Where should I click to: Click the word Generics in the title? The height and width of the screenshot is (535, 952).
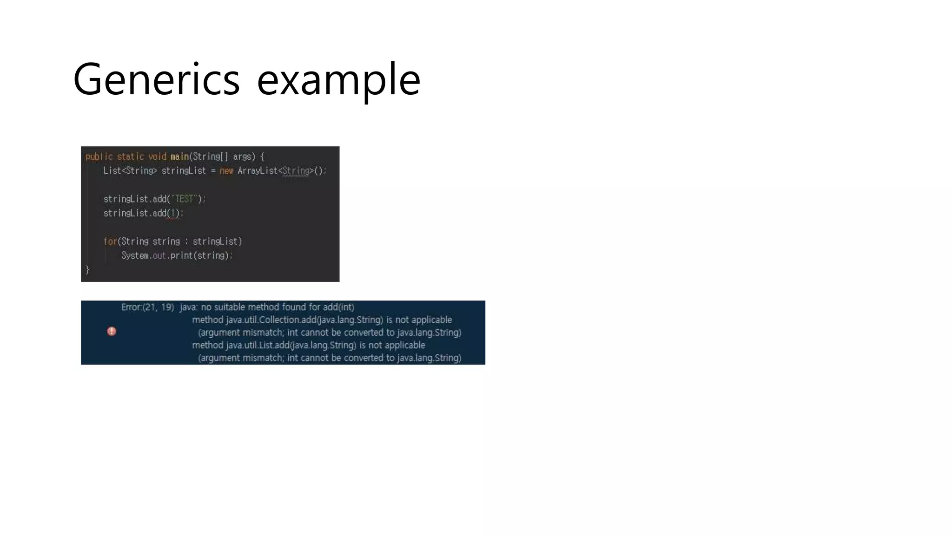click(156, 79)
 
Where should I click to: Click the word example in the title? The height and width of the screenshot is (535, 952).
click(338, 79)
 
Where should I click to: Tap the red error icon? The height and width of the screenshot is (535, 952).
click(112, 331)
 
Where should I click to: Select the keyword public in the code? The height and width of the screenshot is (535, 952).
click(99, 157)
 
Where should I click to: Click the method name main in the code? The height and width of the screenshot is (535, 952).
click(179, 157)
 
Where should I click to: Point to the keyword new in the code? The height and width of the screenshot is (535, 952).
click(226, 171)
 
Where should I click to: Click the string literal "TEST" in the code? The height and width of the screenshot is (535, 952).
click(184, 199)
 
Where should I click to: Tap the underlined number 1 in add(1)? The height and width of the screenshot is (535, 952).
click(173, 213)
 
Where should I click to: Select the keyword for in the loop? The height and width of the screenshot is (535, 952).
click(110, 241)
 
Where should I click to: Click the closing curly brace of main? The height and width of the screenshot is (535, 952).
click(87, 270)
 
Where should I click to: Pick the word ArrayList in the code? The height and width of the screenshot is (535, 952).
click(258, 171)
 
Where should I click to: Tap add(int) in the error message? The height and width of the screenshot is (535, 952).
click(338, 307)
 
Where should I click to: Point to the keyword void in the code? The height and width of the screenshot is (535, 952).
click(157, 157)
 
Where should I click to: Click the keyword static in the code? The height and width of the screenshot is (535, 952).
click(130, 157)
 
